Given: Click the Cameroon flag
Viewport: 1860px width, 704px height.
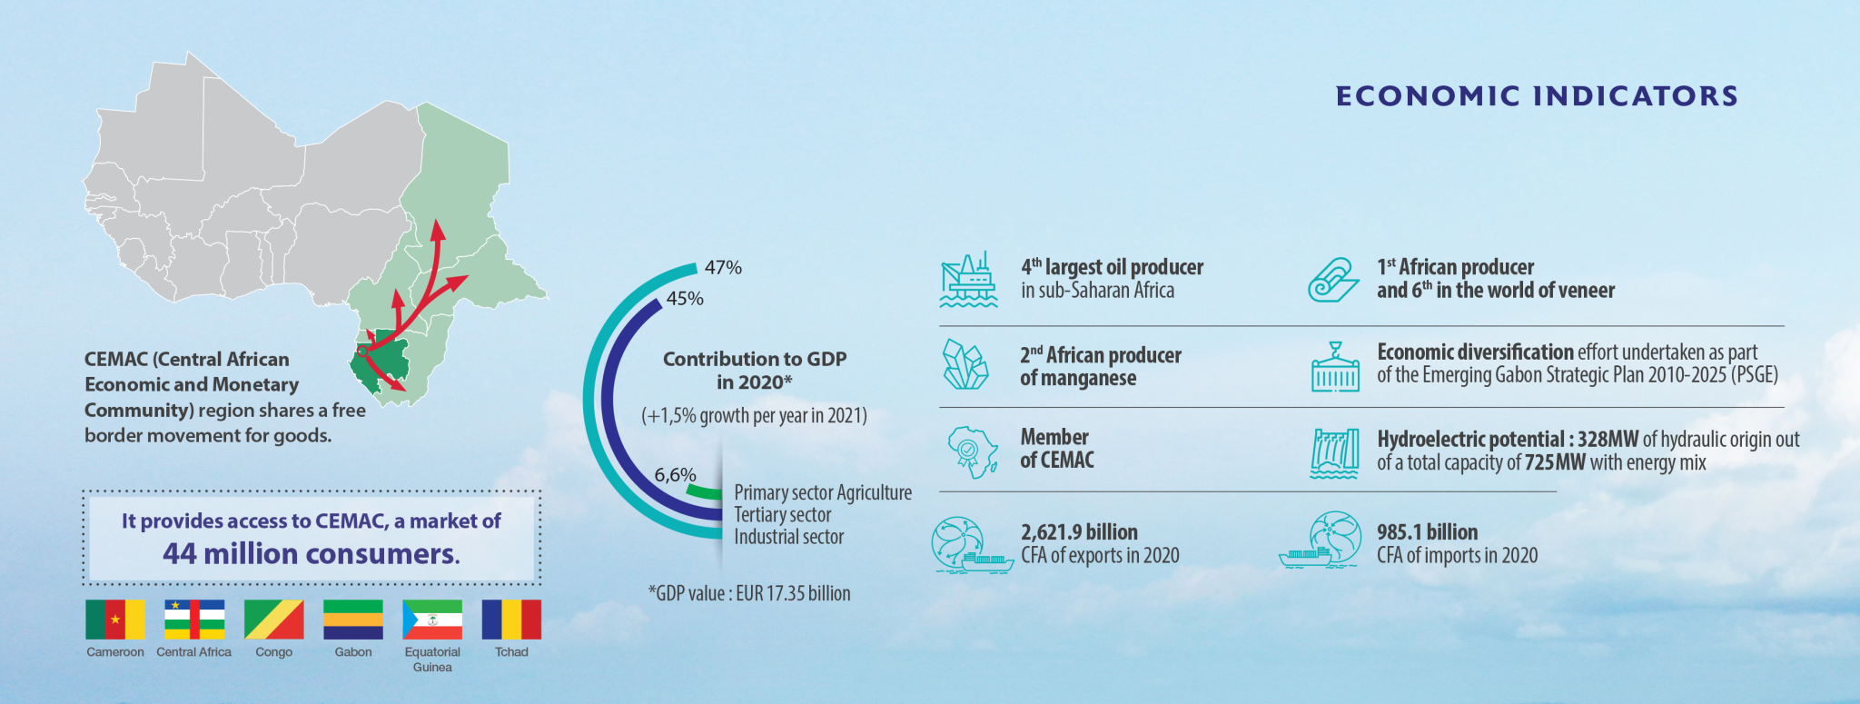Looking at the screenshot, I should [x=114, y=620].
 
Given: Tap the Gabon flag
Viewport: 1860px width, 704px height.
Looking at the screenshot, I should [x=352, y=620].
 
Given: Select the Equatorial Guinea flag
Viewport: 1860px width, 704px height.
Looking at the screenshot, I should [x=432, y=620].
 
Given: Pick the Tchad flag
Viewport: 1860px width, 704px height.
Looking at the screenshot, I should [x=511, y=620].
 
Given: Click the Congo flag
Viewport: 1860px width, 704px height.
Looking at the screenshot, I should [x=273, y=620].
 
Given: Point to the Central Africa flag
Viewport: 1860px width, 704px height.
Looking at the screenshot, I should [x=194, y=620].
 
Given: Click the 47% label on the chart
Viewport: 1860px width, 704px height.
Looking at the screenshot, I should [x=723, y=267].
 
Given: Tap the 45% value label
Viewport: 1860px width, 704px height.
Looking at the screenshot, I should [x=685, y=298].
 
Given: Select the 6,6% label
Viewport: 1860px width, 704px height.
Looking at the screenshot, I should [x=675, y=474].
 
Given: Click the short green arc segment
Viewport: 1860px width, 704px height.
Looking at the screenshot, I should [x=704, y=492].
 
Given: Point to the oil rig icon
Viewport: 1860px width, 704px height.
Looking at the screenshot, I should [x=968, y=279].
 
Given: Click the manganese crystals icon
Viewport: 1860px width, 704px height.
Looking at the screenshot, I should [x=965, y=365].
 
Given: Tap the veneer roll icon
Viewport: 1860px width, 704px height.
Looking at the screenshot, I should [x=1332, y=279].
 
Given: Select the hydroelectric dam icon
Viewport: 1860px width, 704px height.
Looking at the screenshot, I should [x=1334, y=452].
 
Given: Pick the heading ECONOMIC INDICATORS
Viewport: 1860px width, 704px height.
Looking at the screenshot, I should [x=1537, y=96].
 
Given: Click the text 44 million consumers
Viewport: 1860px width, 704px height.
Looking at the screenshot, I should [x=312, y=553].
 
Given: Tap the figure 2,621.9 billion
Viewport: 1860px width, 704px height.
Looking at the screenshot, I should [x=1079, y=532].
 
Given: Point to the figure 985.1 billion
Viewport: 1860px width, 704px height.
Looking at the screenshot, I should [x=1427, y=532].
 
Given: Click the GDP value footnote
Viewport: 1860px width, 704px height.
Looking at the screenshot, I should [x=749, y=594].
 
